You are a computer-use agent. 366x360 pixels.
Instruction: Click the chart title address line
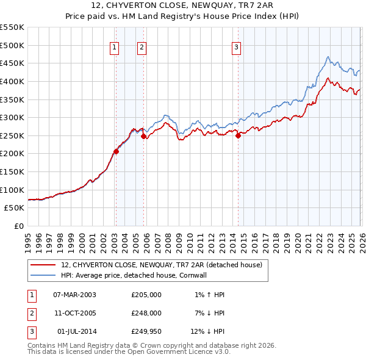183,5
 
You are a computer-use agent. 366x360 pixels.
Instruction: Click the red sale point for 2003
116,152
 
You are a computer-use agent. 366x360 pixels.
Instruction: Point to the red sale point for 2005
144,137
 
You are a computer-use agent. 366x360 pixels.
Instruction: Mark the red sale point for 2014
238,136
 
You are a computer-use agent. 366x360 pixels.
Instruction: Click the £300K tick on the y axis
12,117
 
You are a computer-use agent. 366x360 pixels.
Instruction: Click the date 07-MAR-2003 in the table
74,295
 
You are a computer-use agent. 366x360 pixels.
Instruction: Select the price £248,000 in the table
146,313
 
